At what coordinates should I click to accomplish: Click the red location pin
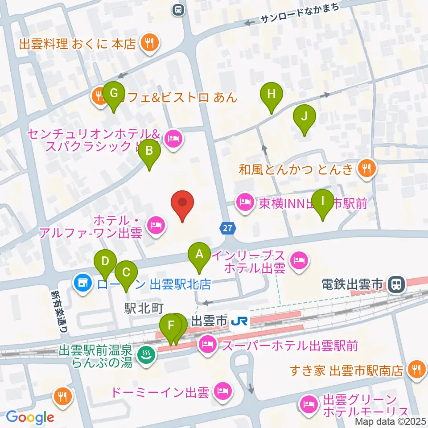tap(182, 204)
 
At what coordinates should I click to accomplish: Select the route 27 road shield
tap(227, 228)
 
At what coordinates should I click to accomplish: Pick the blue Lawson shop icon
tap(82, 283)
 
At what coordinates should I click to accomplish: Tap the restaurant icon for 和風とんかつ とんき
tap(366, 169)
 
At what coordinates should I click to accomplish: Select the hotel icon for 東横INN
tap(245, 204)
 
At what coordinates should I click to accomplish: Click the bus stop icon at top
tap(178, 9)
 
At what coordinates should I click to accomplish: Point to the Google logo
tap(30, 417)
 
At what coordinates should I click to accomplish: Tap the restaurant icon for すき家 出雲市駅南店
tap(416, 370)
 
